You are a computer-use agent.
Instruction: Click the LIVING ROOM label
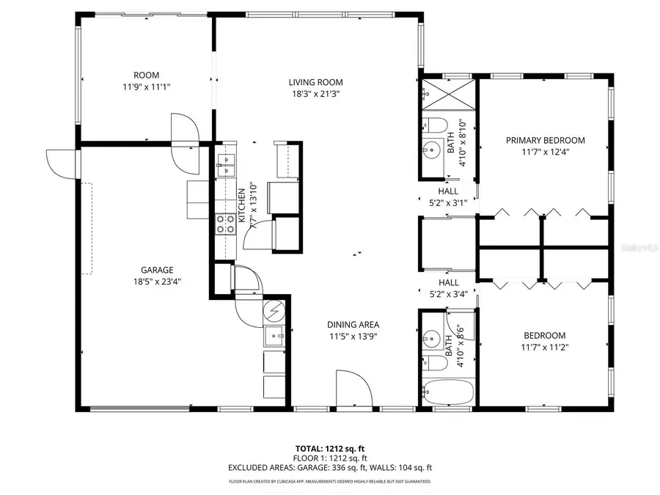(x=315, y=82)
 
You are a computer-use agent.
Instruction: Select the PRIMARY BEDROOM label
(x=546, y=140)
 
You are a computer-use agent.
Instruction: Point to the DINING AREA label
(x=353, y=324)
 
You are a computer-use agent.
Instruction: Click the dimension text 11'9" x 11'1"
(x=147, y=87)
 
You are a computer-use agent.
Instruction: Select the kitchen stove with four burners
(x=226, y=223)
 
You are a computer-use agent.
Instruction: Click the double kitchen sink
(x=226, y=164)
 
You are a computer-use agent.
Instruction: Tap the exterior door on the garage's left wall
(x=60, y=160)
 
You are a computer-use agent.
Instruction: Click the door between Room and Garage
(x=184, y=128)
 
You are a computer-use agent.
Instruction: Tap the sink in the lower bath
(x=431, y=339)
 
